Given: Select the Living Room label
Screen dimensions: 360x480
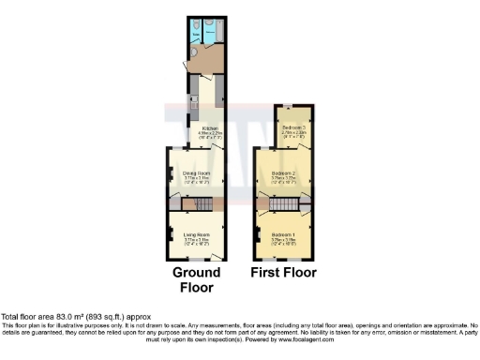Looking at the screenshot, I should [196, 234].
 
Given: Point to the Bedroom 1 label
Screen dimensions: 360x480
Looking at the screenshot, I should [283, 234].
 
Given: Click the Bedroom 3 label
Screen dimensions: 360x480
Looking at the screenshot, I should [294, 127].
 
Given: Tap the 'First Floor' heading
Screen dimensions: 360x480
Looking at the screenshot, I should [283, 273].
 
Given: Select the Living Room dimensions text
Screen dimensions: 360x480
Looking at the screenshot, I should [196, 241].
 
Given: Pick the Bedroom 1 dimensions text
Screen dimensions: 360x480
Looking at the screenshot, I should [283, 241].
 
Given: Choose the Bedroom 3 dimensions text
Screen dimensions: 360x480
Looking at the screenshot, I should [294, 133].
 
